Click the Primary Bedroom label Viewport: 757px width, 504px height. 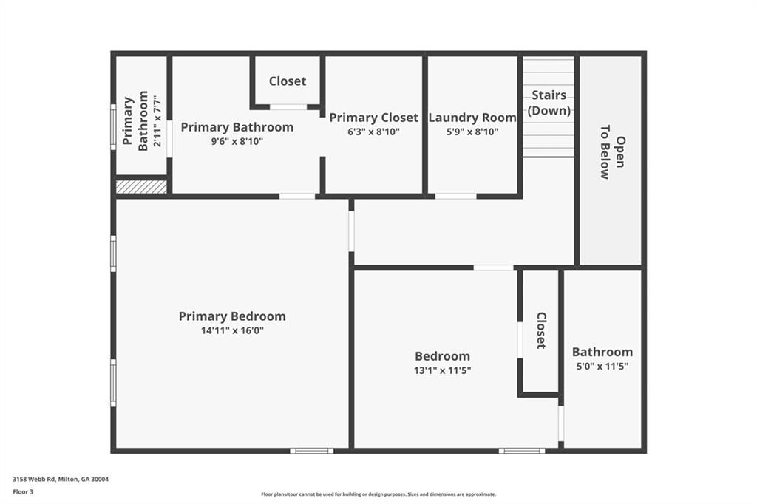point(232,316)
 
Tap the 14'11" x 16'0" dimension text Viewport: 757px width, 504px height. point(232,330)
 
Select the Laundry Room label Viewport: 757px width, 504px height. point(472,118)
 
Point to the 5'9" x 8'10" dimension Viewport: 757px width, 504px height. point(472,132)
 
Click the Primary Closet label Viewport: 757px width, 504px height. point(373,118)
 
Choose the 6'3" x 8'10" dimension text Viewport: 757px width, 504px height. point(373,132)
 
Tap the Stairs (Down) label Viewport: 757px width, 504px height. point(549,103)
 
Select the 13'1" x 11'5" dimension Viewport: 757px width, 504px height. point(442,370)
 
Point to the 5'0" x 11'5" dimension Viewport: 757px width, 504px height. point(602,366)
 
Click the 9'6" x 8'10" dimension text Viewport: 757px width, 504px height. point(237,141)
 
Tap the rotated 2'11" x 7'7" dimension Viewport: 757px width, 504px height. point(157,121)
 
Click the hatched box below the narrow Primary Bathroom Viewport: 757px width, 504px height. point(141,187)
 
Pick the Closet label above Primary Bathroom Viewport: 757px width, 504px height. point(287,81)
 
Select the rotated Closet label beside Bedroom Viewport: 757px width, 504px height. point(541,330)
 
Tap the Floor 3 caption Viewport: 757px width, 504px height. point(23,491)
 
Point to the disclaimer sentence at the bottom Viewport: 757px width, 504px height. point(378,494)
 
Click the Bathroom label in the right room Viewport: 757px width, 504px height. point(602,352)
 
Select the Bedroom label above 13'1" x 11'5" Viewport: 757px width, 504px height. point(442,356)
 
